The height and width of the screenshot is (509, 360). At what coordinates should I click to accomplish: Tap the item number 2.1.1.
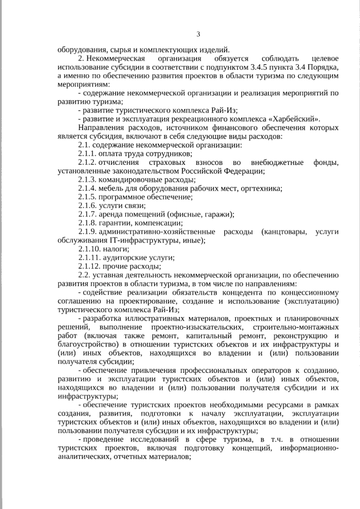click(87, 154)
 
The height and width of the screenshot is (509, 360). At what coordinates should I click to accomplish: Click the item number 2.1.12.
click(89, 265)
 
